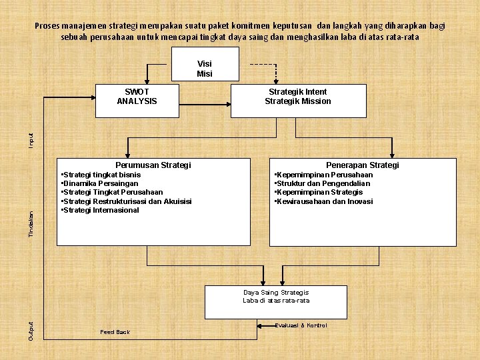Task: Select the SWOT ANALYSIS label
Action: click(137, 97)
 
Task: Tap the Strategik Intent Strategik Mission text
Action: click(297, 97)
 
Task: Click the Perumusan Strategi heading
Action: click(153, 165)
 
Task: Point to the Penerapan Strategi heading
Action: click(363, 165)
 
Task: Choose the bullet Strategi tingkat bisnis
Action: click(101, 175)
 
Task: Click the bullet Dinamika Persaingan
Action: click(99, 183)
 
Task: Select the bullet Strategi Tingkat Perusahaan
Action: click(111, 193)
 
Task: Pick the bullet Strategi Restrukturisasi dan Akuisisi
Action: click(126, 201)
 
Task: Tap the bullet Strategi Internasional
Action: click(100, 210)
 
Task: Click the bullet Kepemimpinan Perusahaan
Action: click(324, 175)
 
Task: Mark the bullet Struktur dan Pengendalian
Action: click(322, 183)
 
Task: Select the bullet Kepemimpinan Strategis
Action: click(319, 192)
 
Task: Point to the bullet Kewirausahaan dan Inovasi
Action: click(324, 201)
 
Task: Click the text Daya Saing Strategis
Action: click(276, 292)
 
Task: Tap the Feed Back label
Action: click(115, 331)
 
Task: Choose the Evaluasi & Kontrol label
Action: click(301, 325)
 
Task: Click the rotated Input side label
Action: click(31, 140)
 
